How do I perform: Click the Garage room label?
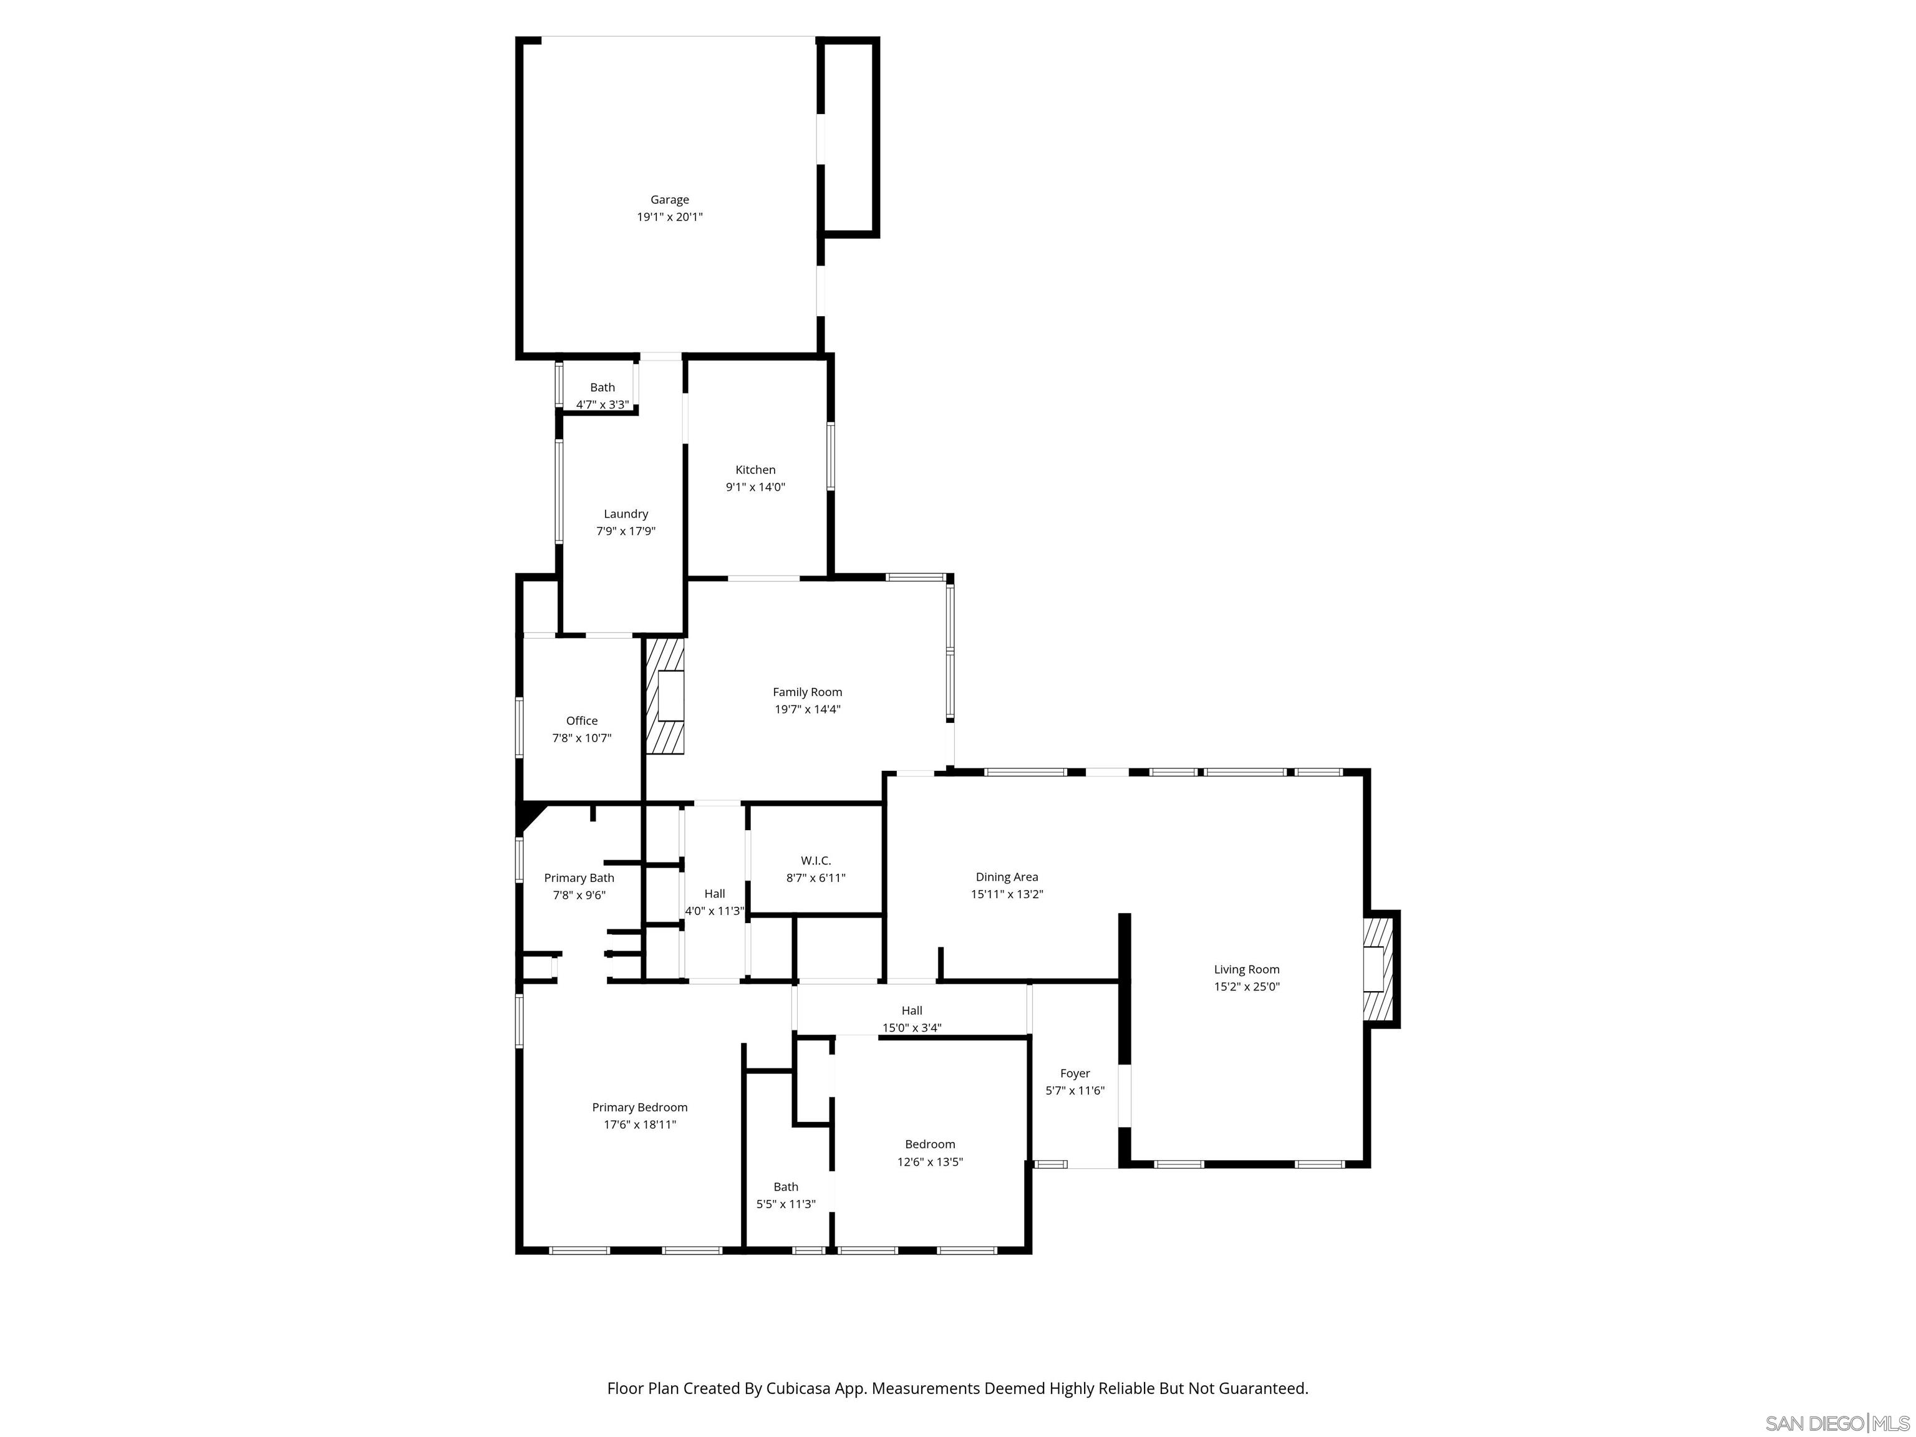pos(670,199)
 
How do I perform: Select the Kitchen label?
pos(755,470)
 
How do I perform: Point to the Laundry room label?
pos(626,514)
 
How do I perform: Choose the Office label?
pos(582,720)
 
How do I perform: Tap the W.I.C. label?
pos(815,860)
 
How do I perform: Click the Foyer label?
pos(1075,1073)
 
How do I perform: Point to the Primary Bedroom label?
pos(639,1107)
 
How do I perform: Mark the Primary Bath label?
pos(579,878)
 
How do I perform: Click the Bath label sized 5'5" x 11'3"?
pos(786,1187)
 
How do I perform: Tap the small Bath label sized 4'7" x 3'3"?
pos(602,387)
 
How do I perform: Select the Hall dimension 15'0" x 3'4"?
pos(911,1028)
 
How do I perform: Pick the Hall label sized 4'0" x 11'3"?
pos(715,894)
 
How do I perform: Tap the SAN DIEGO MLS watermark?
pos(1837,1424)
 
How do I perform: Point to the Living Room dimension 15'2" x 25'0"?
pos(1246,987)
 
